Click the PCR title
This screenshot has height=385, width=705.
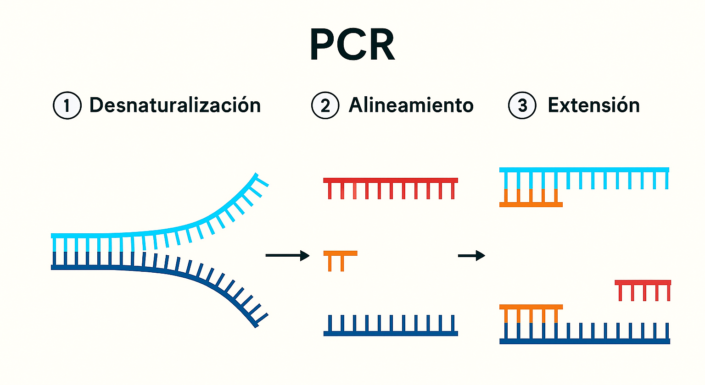click(352, 44)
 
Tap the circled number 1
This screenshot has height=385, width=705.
click(67, 105)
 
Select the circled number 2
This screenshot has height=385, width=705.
click(325, 105)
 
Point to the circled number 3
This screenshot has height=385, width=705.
click(522, 105)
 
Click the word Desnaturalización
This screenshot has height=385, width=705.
click(175, 105)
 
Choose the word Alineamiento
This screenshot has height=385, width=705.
click(411, 105)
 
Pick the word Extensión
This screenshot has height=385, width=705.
click(593, 105)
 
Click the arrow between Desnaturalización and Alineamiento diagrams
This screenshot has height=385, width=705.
click(287, 255)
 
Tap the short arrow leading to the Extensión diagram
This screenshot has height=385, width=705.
click(471, 255)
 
